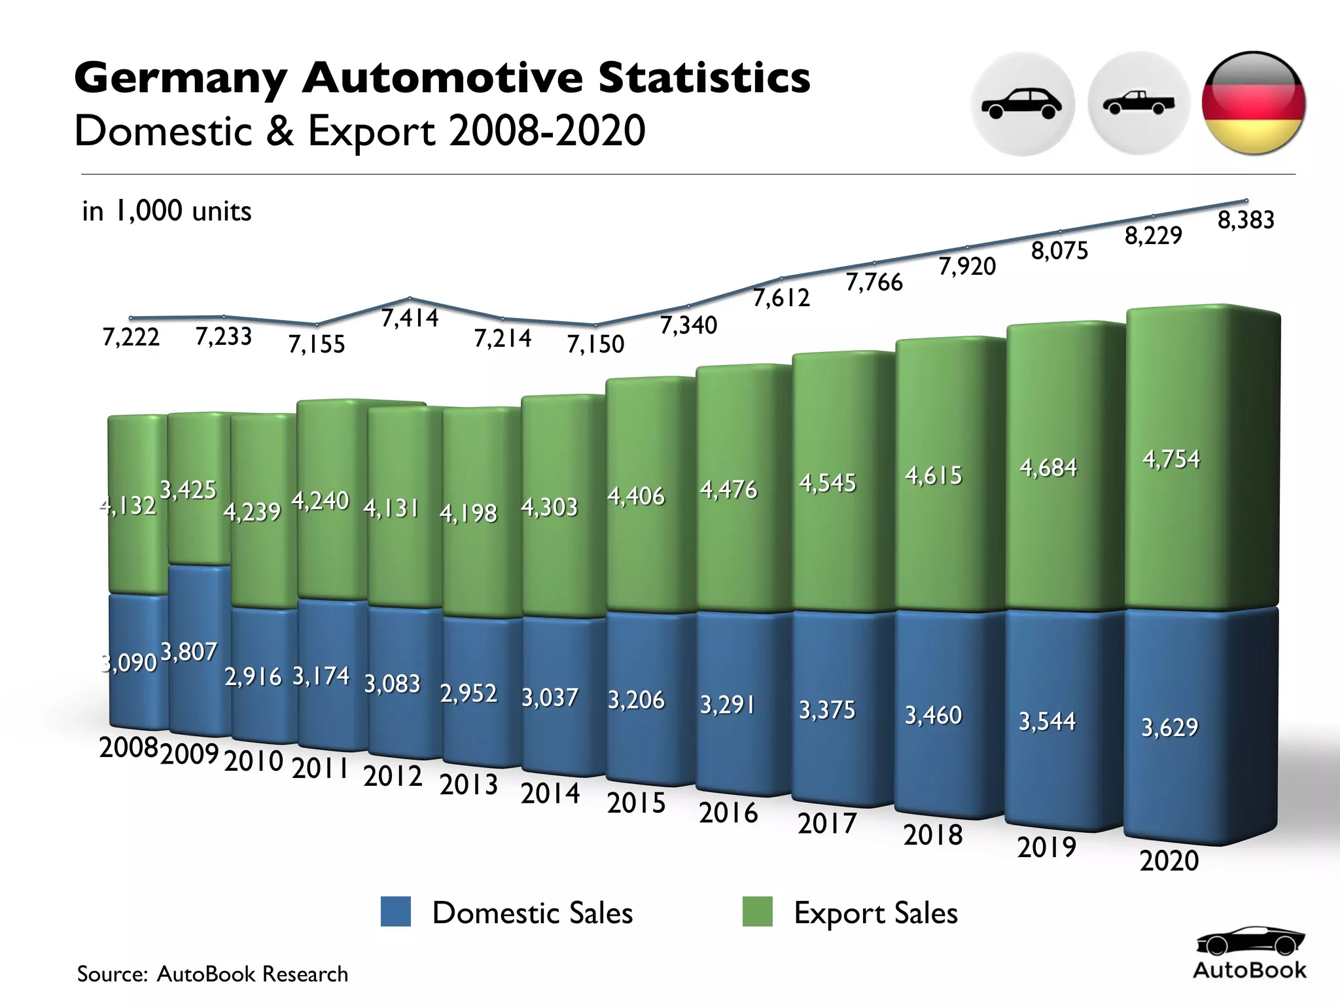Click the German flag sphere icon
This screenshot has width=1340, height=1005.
[x=1254, y=103]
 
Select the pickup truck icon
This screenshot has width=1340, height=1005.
[x=1138, y=103]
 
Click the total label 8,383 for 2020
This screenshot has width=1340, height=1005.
[x=1245, y=220]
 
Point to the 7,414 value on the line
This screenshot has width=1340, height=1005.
[x=410, y=318]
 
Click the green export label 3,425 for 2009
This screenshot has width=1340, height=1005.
[x=188, y=489]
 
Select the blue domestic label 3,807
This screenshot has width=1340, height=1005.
[x=188, y=652]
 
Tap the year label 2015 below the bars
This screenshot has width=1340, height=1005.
[x=635, y=803]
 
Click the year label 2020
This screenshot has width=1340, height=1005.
[x=1169, y=860]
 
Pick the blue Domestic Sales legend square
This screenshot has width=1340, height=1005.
[x=396, y=911]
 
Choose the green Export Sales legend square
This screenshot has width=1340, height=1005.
[x=757, y=911]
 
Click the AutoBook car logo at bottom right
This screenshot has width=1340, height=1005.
[x=1250, y=942]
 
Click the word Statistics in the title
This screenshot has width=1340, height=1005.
[x=704, y=77]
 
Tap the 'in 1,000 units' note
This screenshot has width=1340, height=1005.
[x=166, y=211]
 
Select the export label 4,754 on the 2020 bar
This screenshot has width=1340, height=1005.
[x=1171, y=459]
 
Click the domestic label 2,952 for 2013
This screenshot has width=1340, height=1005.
[x=468, y=693]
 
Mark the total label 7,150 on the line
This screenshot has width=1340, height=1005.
[x=595, y=344]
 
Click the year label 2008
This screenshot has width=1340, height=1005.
[x=128, y=747]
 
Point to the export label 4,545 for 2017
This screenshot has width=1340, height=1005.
[x=826, y=483]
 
